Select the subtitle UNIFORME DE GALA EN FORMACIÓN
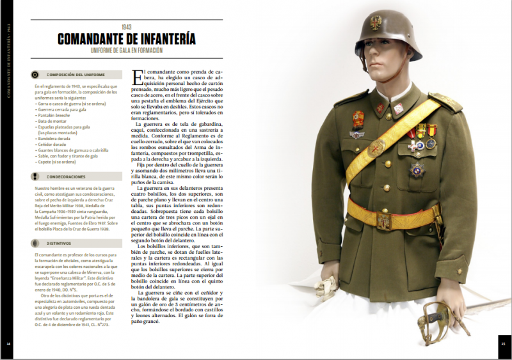[x=127, y=51]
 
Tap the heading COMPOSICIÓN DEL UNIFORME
[x=67, y=75]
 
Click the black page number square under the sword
[x=503, y=343]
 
